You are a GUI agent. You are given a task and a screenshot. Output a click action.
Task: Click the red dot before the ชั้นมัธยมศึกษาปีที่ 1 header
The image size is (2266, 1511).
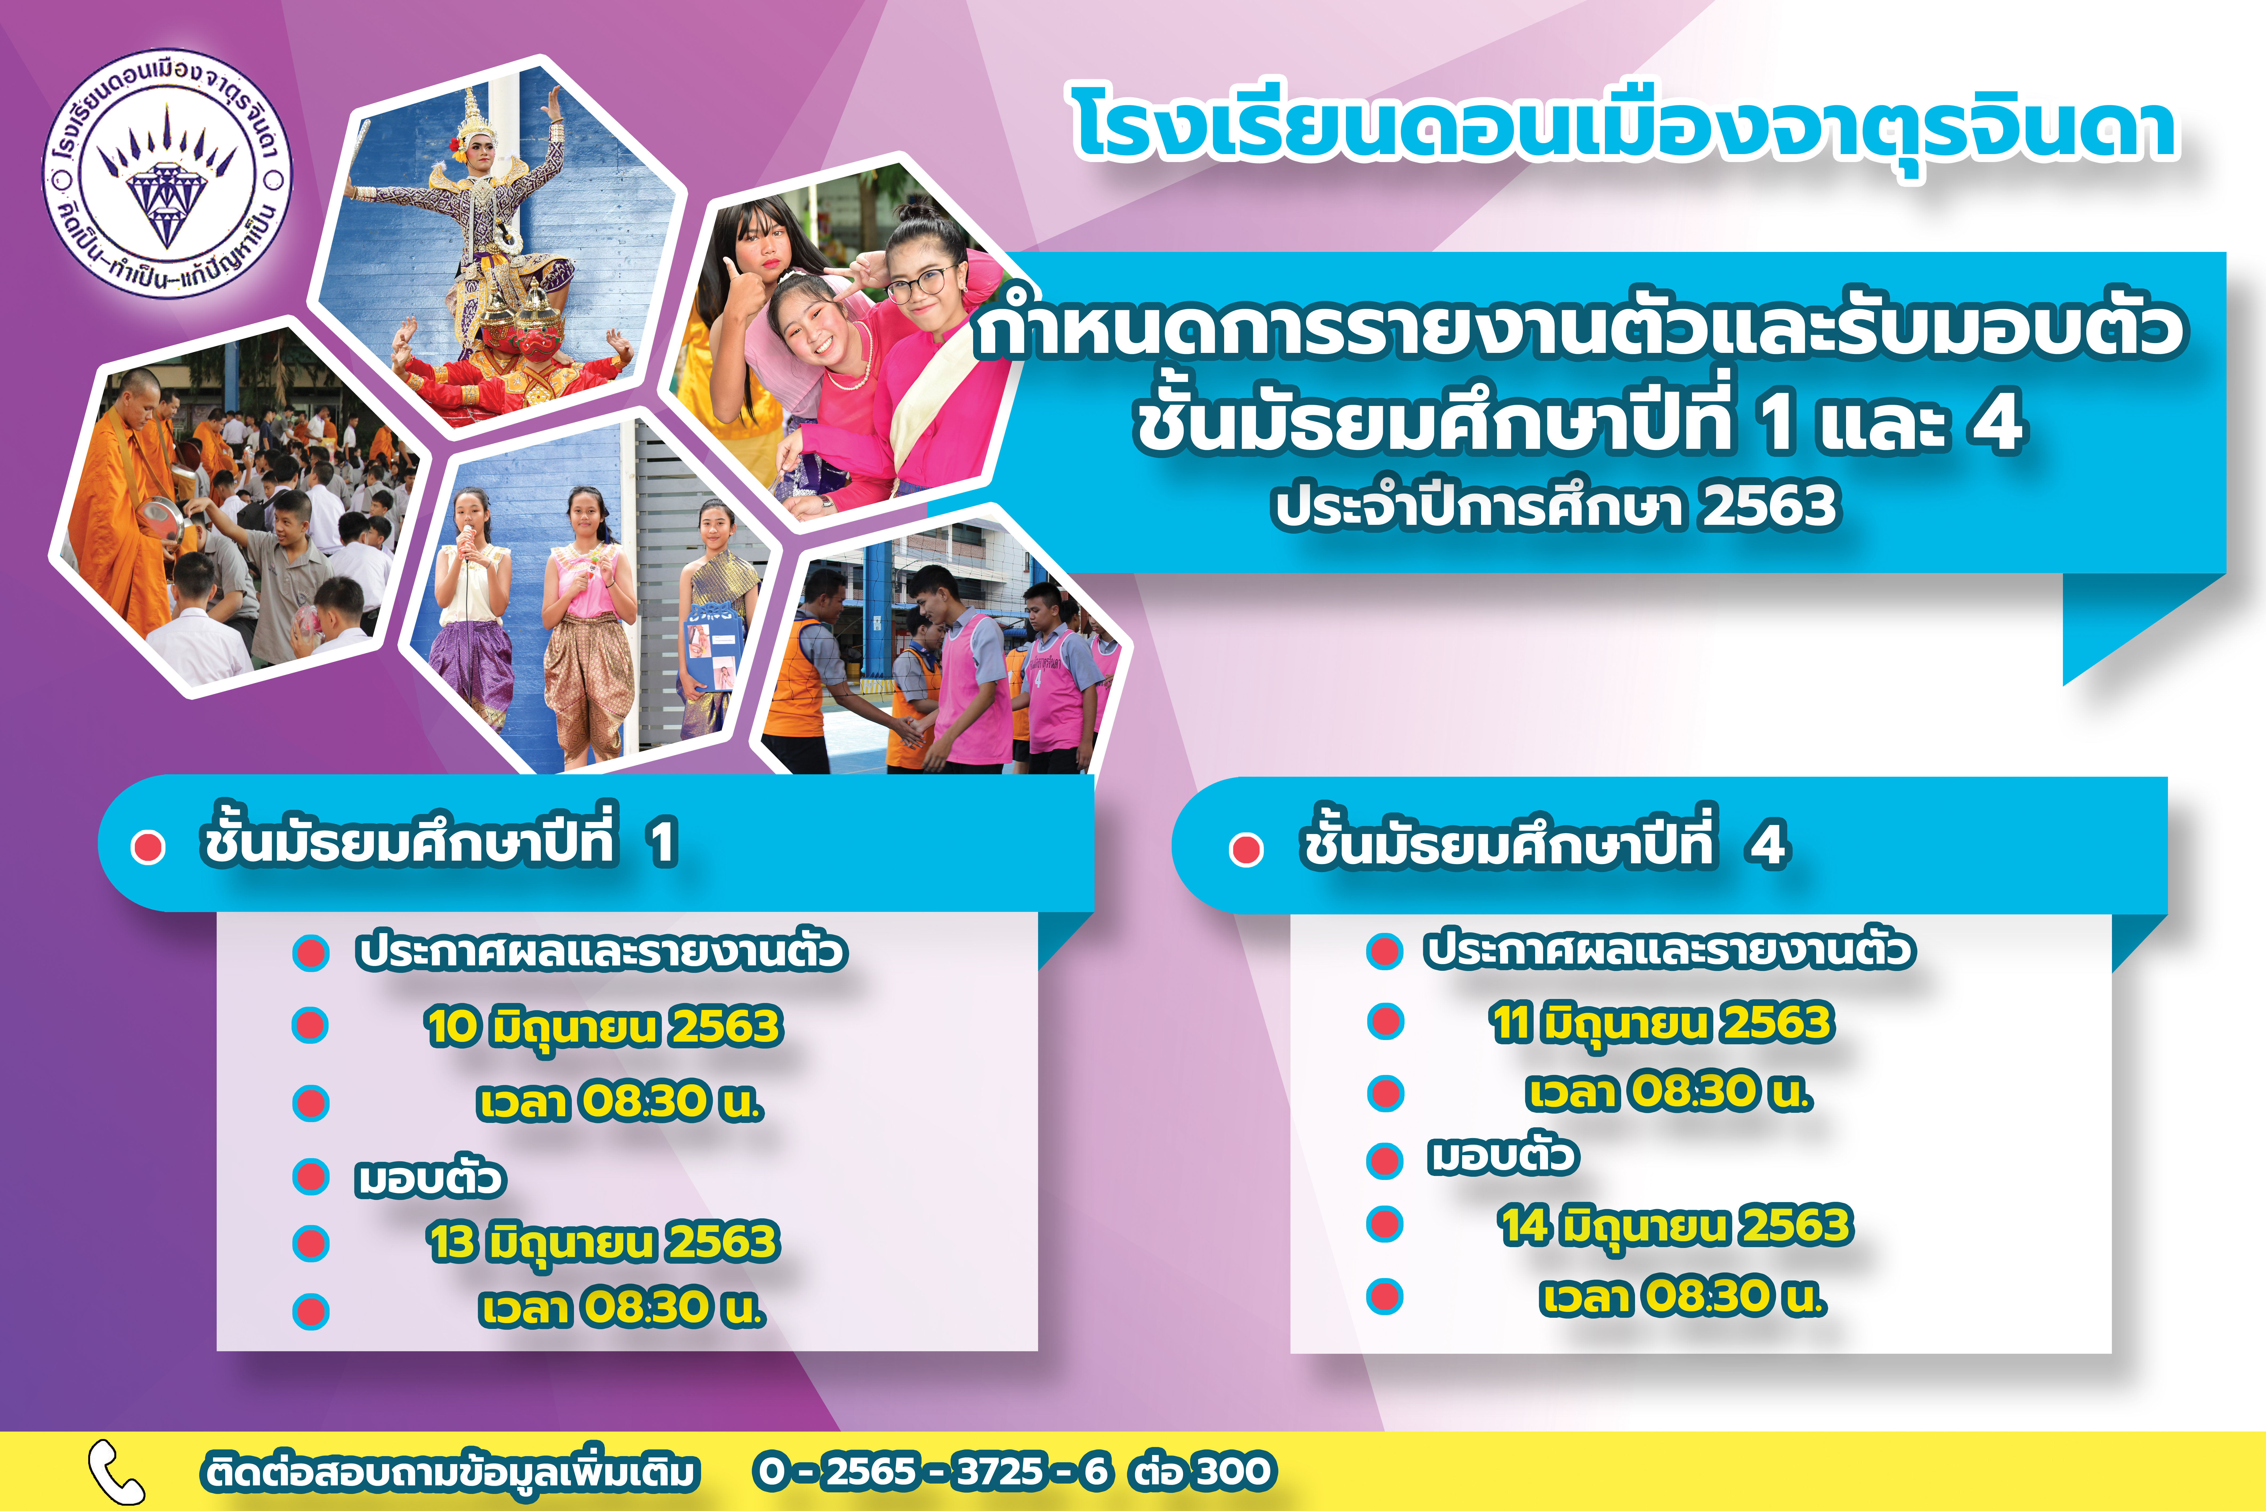148,847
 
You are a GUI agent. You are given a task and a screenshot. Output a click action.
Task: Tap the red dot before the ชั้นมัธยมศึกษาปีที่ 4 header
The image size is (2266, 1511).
1246,849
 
